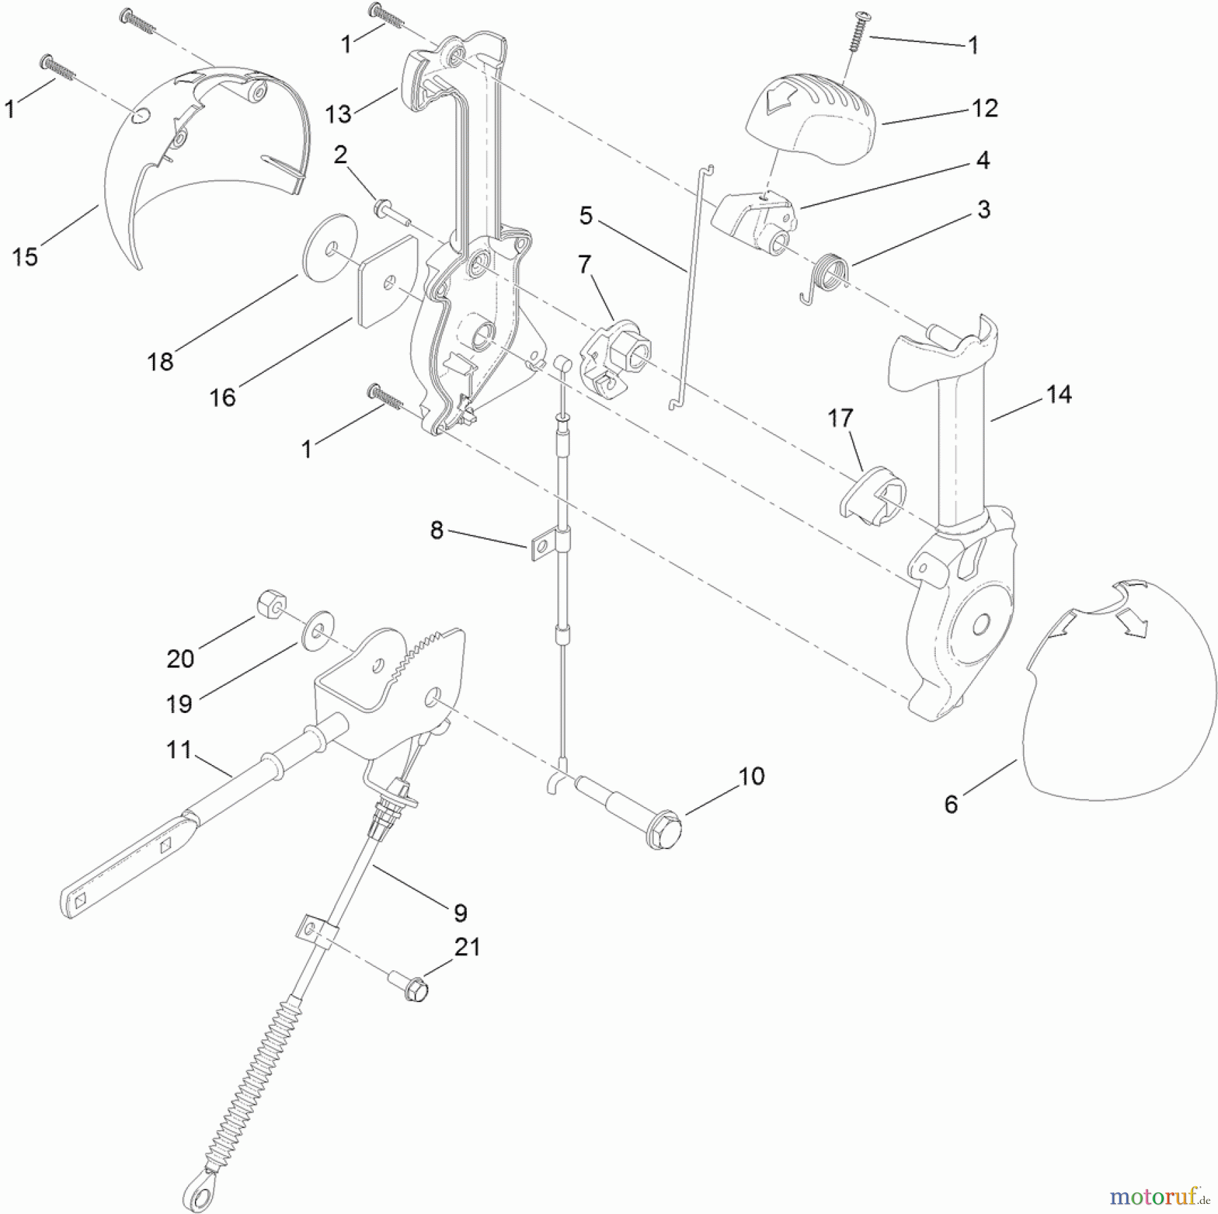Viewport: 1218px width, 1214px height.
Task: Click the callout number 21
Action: tap(468, 947)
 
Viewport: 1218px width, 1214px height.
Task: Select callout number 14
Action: tap(1059, 394)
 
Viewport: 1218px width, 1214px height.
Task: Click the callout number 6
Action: tap(951, 804)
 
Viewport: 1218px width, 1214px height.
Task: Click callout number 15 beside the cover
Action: tap(25, 257)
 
